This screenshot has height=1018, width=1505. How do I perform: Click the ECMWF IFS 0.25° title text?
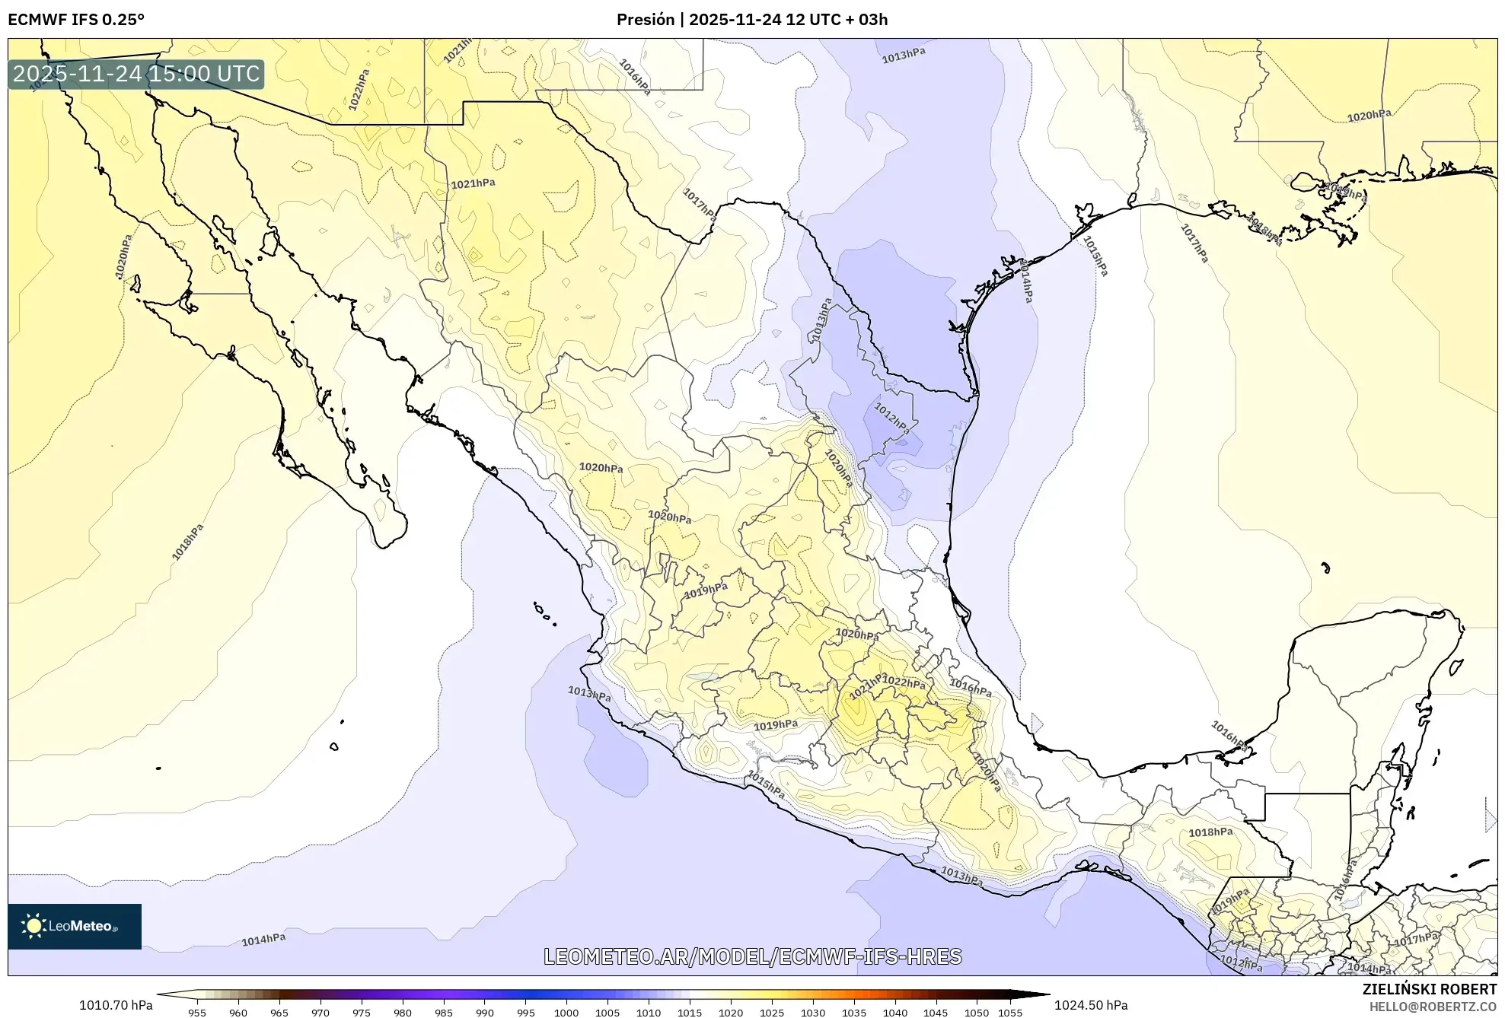(76, 20)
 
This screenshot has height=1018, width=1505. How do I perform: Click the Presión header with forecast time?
(751, 20)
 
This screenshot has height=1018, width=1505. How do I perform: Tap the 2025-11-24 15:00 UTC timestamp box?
(136, 74)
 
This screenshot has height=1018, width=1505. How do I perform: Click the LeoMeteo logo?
(75, 926)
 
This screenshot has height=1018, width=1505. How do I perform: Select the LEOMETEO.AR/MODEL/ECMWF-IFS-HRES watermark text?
(752, 956)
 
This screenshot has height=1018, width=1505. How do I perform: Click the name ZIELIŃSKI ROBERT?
(1429, 989)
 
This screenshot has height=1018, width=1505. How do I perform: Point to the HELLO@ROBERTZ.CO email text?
(1432, 1007)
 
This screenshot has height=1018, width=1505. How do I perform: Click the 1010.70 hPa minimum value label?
(116, 1005)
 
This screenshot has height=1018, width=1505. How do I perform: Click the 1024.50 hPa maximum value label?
(1091, 1005)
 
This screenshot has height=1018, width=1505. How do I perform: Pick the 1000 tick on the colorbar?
(566, 1012)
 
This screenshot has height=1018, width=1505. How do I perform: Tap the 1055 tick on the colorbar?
(1009, 1012)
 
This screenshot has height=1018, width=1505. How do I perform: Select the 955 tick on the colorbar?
(197, 1012)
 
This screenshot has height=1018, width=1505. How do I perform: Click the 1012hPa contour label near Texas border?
(891, 418)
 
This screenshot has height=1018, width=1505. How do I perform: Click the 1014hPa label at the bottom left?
(263, 940)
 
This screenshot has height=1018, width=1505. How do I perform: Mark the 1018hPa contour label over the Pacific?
(188, 542)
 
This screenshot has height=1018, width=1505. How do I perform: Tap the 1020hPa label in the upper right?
(1369, 116)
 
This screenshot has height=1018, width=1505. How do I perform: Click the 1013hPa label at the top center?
(904, 56)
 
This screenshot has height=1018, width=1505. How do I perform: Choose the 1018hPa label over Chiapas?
(1210, 832)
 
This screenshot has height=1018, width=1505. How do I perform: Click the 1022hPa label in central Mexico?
(904, 682)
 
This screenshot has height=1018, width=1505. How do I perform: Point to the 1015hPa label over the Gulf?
(1095, 256)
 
